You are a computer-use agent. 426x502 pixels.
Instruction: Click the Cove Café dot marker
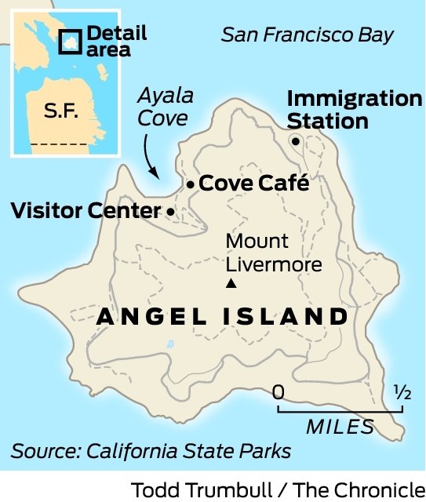[190, 184]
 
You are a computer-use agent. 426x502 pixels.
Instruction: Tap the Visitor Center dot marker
[171, 211]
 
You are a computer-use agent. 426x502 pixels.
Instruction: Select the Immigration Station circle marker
[296, 141]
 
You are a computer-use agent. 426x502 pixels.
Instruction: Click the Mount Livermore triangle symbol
[230, 284]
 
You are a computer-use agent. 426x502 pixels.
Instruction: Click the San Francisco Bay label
[308, 35]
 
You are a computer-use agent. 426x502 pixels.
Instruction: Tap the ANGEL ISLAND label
[222, 317]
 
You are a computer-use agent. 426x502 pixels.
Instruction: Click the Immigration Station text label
[353, 111]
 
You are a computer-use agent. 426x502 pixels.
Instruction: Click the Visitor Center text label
[86, 211]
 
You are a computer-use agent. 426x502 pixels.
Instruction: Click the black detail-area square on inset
[71, 41]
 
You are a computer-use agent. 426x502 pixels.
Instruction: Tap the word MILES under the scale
[340, 427]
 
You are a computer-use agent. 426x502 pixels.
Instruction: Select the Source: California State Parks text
[151, 451]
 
